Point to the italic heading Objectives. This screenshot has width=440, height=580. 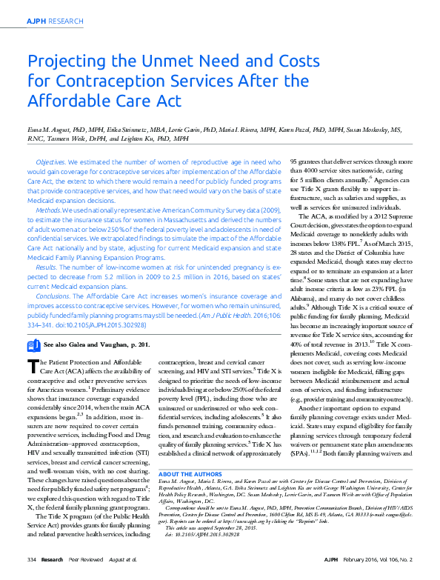pyautogui.click(x=51, y=161)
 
